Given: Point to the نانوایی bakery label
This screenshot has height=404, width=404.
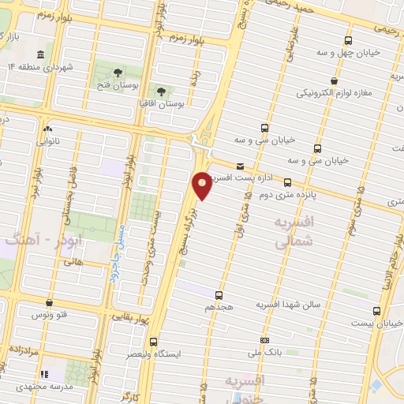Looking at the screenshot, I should coord(48,143).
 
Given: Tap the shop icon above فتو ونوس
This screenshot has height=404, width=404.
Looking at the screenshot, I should coord(49,302).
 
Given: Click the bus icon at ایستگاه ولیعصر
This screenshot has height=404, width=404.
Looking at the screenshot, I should coord(153,342).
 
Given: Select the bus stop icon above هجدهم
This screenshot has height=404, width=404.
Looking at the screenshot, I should coord(219,295).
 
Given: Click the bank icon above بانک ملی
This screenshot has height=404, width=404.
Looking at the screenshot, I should coord(264,341).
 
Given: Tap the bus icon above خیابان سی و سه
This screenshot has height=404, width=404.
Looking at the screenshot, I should coord(264,128).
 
